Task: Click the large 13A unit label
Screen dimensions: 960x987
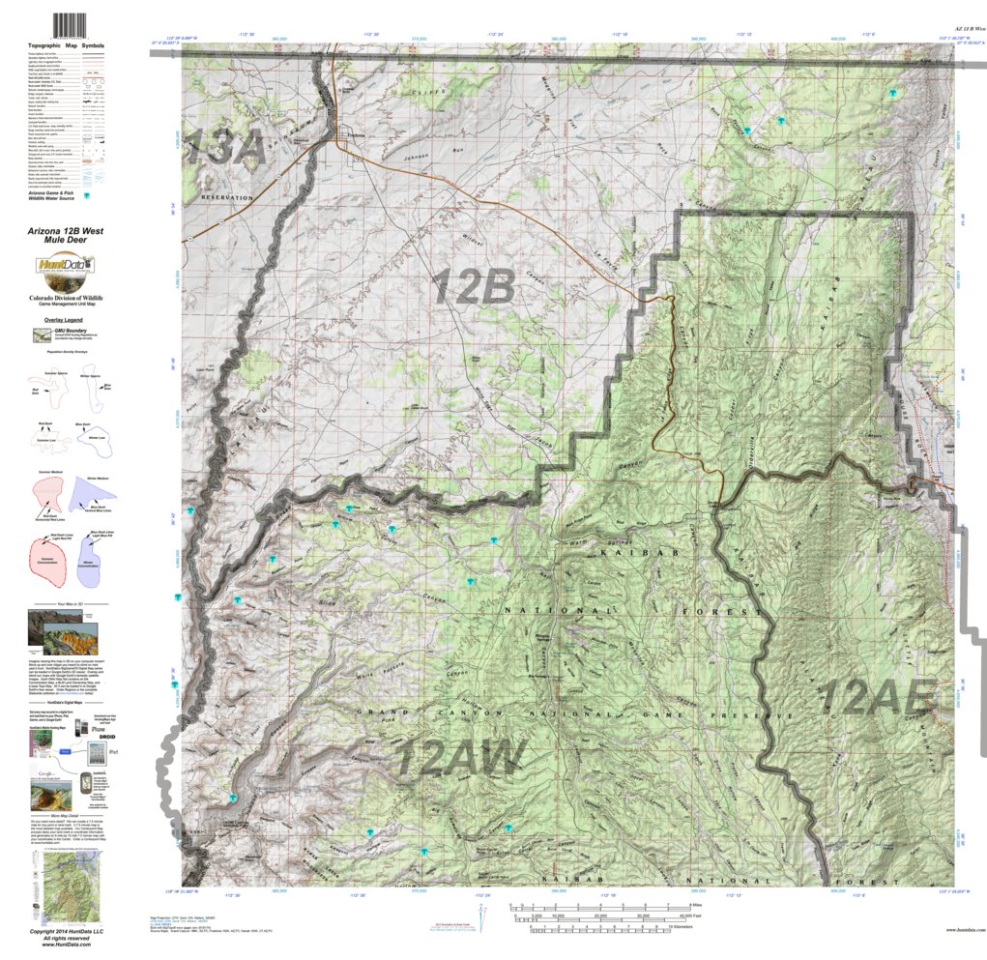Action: (x=223, y=148)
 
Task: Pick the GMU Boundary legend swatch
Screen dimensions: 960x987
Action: (x=43, y=335)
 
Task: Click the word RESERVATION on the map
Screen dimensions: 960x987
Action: (x=226, y=197)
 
